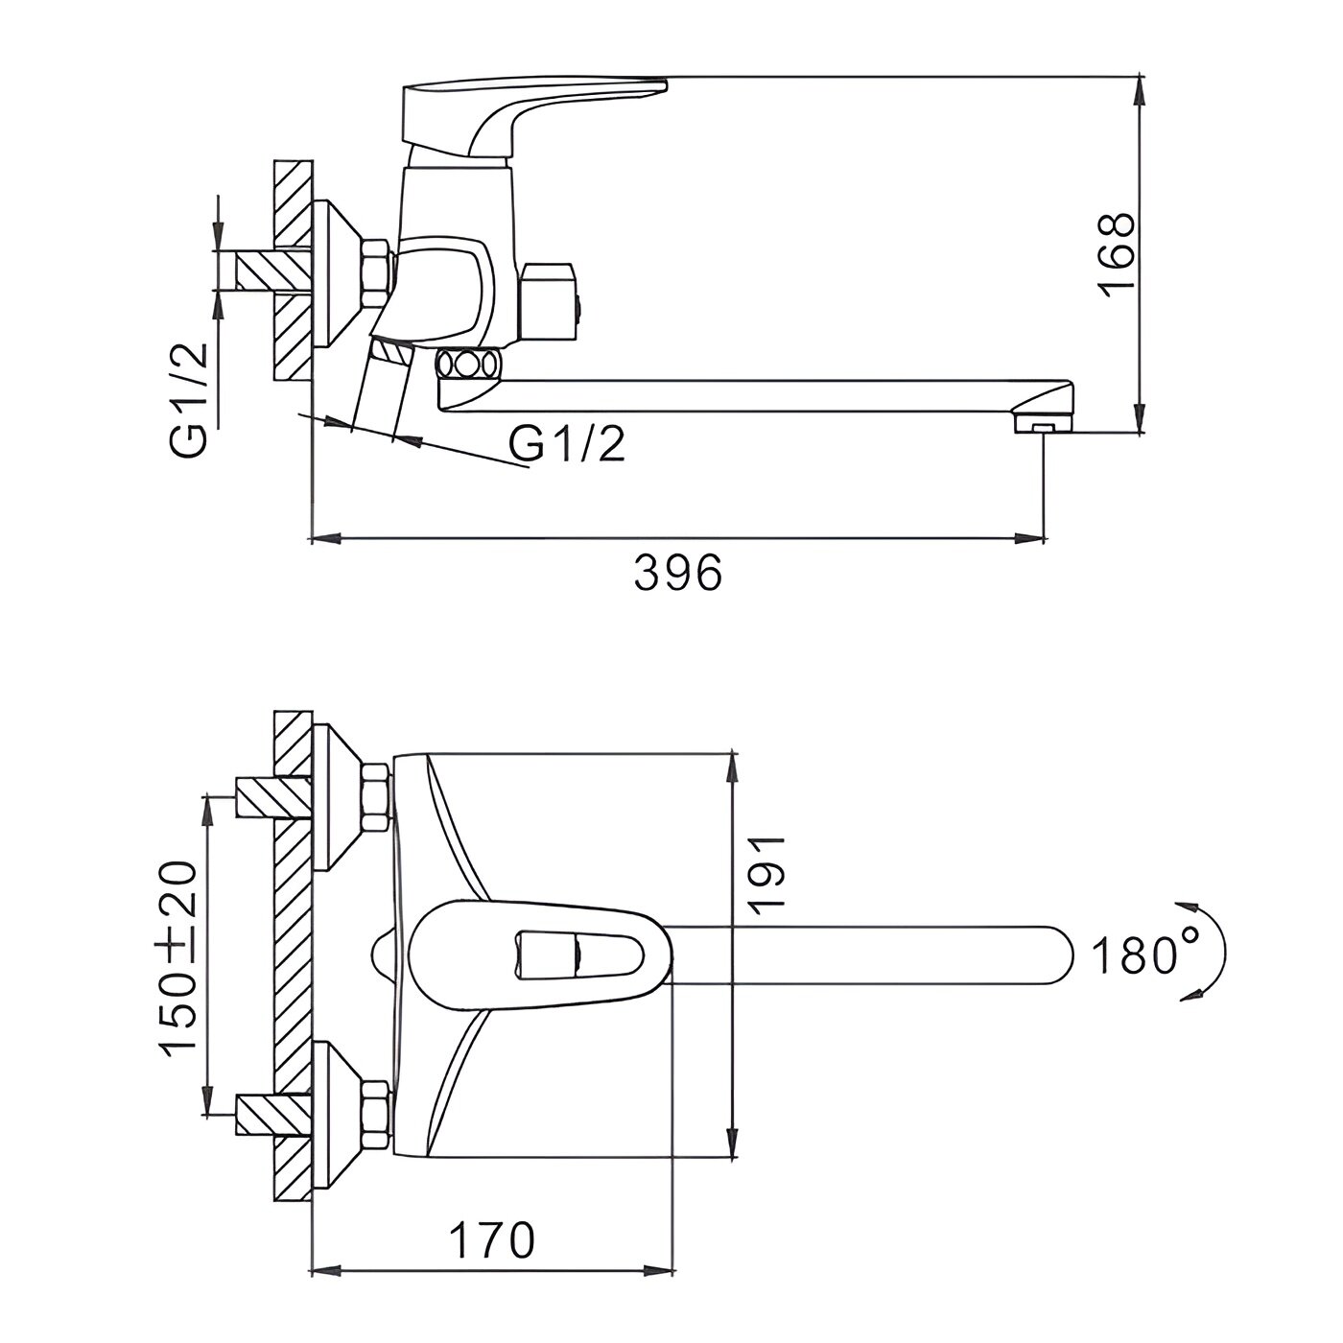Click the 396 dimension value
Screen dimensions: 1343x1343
677,575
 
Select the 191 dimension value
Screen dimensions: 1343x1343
768,872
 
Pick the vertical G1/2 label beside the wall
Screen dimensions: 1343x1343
189,399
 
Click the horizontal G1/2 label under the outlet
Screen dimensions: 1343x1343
568,445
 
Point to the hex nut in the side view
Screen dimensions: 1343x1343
373,274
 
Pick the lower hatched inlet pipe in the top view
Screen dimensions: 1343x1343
271,1116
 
